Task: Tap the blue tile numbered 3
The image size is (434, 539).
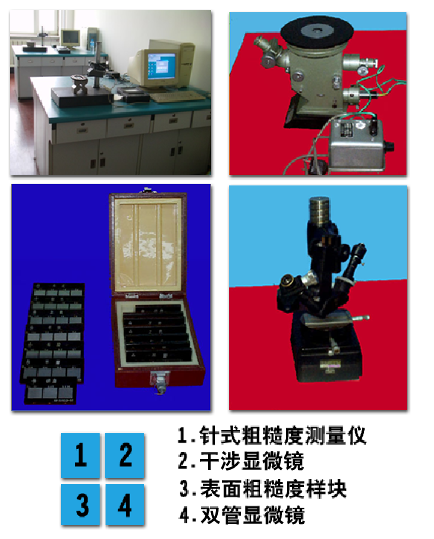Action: (80, 504)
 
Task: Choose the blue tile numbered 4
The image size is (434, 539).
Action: (125, 504)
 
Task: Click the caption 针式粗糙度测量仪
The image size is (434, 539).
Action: (272, 435)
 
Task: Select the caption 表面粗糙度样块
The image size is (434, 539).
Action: (263, 488)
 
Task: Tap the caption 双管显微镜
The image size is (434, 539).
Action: (242, 515)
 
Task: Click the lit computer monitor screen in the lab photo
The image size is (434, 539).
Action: (161, 66)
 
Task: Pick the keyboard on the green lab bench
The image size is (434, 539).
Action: (177, 96)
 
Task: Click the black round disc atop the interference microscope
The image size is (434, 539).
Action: (317, 32)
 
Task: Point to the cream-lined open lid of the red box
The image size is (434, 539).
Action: (148, 243)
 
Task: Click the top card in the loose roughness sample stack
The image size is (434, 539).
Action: (58, 290)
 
